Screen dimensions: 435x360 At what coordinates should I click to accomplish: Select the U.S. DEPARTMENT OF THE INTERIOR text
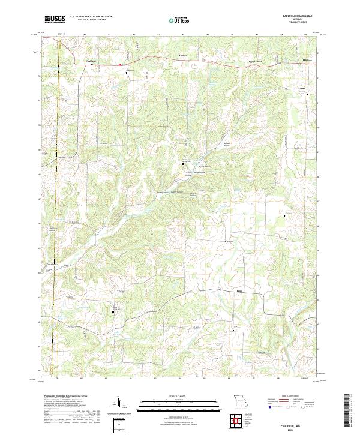(91, 16)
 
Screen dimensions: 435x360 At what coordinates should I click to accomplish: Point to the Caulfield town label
(91, 61)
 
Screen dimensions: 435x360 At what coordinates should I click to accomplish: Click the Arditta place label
(175, 56)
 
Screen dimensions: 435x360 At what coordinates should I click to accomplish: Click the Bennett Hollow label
(227, 145)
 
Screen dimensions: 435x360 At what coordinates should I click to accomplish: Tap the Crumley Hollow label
(188, 174)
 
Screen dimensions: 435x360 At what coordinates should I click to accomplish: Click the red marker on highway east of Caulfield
(119, 64)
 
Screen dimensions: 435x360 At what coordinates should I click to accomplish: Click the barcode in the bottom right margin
(347, 413)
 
